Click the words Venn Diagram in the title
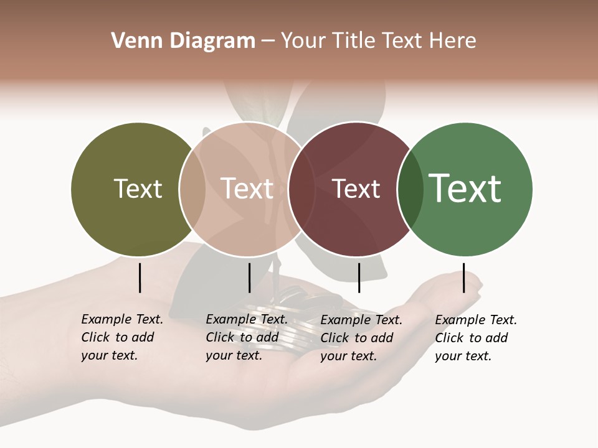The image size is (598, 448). coord(183,41)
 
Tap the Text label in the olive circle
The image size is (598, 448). coord(138,189)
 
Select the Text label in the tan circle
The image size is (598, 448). coord(247,189)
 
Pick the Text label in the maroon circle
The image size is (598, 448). coord(356,189)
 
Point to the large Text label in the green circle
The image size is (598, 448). coord(465,189)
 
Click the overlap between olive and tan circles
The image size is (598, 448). coord(192,189)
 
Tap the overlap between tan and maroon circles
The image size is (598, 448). coord(301,189)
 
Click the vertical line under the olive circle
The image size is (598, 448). coord(140,278)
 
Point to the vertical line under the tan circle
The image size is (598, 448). coord(249,278)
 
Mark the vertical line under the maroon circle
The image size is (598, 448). coord(359,278)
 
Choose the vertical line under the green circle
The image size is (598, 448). coord(463,278)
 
